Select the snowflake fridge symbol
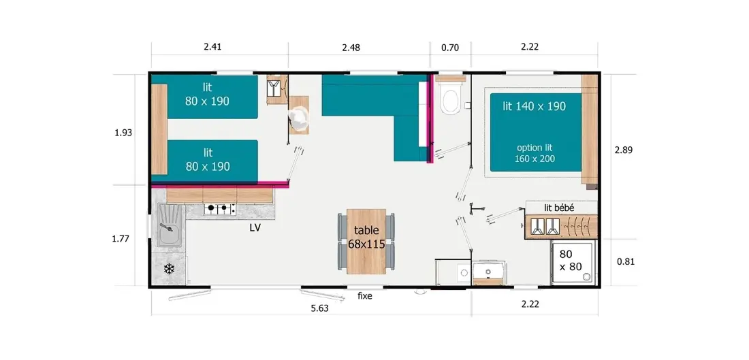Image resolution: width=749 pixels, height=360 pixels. click(169, 269)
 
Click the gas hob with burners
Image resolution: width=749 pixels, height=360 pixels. click(220, 209)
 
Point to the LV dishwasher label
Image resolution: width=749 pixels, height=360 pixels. click(255, 228)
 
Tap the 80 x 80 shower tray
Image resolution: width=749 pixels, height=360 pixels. click(574, 263)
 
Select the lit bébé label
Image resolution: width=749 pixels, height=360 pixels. click(559, 208)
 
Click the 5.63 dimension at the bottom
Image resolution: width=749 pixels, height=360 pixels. click(319, 308)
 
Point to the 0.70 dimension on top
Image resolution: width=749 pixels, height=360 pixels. click(450, 47)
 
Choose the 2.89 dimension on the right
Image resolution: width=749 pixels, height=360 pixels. click(623, 150)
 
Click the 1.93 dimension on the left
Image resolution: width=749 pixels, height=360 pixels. click(123, 133)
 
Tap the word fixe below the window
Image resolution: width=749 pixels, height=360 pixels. click(365, 296)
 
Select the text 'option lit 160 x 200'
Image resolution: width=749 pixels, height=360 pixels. click(535, 153)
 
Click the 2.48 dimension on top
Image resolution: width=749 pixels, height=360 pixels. click(351, 47)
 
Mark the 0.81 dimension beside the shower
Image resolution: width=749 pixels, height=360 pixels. click(625, 261)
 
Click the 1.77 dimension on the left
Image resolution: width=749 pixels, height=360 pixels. click(121, 239)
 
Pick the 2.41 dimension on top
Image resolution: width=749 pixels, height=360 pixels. click(212, 47)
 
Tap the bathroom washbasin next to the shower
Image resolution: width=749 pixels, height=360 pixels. click(488, 273)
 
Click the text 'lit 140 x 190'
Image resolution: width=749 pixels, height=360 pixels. click(534, 106)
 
